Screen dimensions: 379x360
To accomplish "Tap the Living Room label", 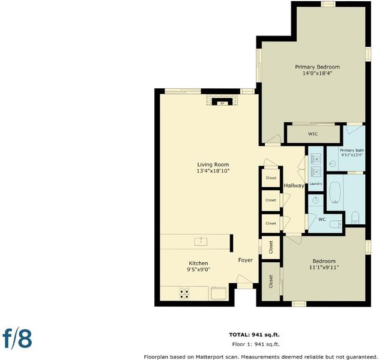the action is coord(213,164).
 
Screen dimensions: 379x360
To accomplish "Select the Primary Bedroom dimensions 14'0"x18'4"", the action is coord(317,73).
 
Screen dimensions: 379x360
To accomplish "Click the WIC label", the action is coord(312,134).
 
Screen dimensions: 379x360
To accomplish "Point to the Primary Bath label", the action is coord(352,150).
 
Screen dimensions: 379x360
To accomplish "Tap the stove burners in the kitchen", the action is coord(184,293).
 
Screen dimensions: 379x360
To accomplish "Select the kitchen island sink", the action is coord(201,241).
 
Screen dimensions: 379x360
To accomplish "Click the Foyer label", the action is coord(245,260).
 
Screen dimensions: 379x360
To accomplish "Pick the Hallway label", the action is coord(294,185).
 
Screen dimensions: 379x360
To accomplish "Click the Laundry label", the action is coord(316,184).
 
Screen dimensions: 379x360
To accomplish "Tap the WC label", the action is coord(322,220).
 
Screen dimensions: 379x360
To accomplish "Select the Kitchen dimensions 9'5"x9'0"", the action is coord(198,269).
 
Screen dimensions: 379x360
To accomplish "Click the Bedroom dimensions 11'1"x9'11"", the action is coord(324,268).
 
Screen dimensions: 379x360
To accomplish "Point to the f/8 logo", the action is coord(17,338).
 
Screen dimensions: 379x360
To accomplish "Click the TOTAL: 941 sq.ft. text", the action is coord(254,335).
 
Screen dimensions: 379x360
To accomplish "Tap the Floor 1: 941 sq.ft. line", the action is coord(256,344).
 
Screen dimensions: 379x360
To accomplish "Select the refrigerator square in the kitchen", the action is coord(219,293).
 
